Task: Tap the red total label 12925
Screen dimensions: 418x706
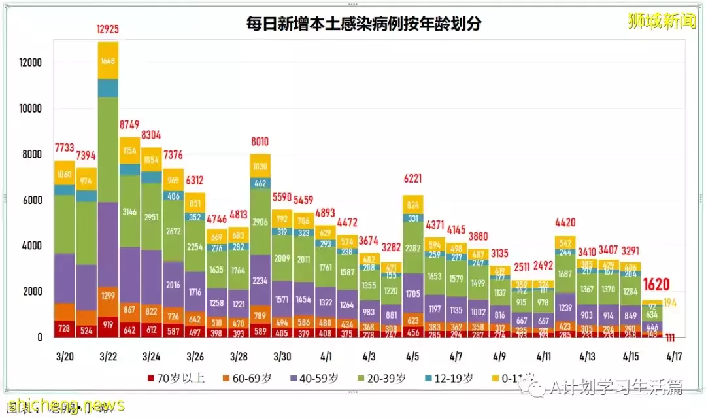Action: click(x=108, y=30)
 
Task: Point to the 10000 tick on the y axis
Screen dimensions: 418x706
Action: click(x=30, y=109)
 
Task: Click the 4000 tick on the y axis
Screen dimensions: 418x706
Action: click(x=30, y=246)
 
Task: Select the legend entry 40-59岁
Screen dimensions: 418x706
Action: click(x=316, y=378)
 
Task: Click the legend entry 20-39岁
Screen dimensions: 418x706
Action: click(x=385, y=378)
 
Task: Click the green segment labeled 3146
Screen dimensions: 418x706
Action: click(x=129, y=212)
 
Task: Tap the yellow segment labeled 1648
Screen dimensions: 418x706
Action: click(x=108, y=61)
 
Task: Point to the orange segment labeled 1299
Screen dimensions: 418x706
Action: click(x=108, y=296)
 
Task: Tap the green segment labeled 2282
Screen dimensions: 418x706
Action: click(x=412, y=249)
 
